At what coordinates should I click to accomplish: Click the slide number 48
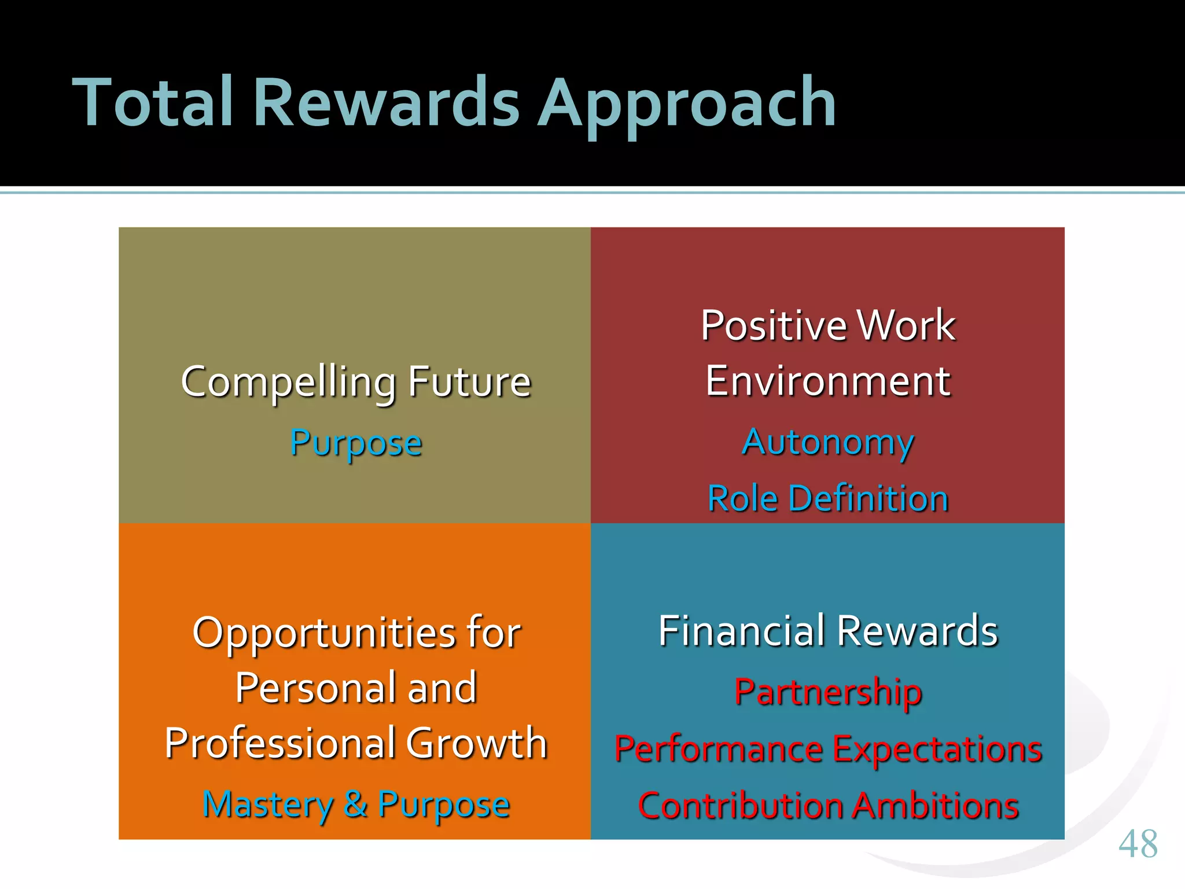point(1138,844)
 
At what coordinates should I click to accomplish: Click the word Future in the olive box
point(469,382)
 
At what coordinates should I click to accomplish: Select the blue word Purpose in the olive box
point(356,444)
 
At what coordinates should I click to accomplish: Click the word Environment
point(827,381)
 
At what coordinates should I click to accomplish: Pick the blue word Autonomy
point(827,443)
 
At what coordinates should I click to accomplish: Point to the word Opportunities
point(324,633)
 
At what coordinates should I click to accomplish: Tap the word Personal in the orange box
point(315,688)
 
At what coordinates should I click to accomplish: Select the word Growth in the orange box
point(476,743)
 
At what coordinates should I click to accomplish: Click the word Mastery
point(267,805)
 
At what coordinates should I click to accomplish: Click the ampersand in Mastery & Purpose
point(355,804)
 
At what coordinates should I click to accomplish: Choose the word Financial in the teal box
point(742,631)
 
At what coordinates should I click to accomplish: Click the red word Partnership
point(827,692)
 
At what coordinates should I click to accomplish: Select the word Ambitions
point(935,806)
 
